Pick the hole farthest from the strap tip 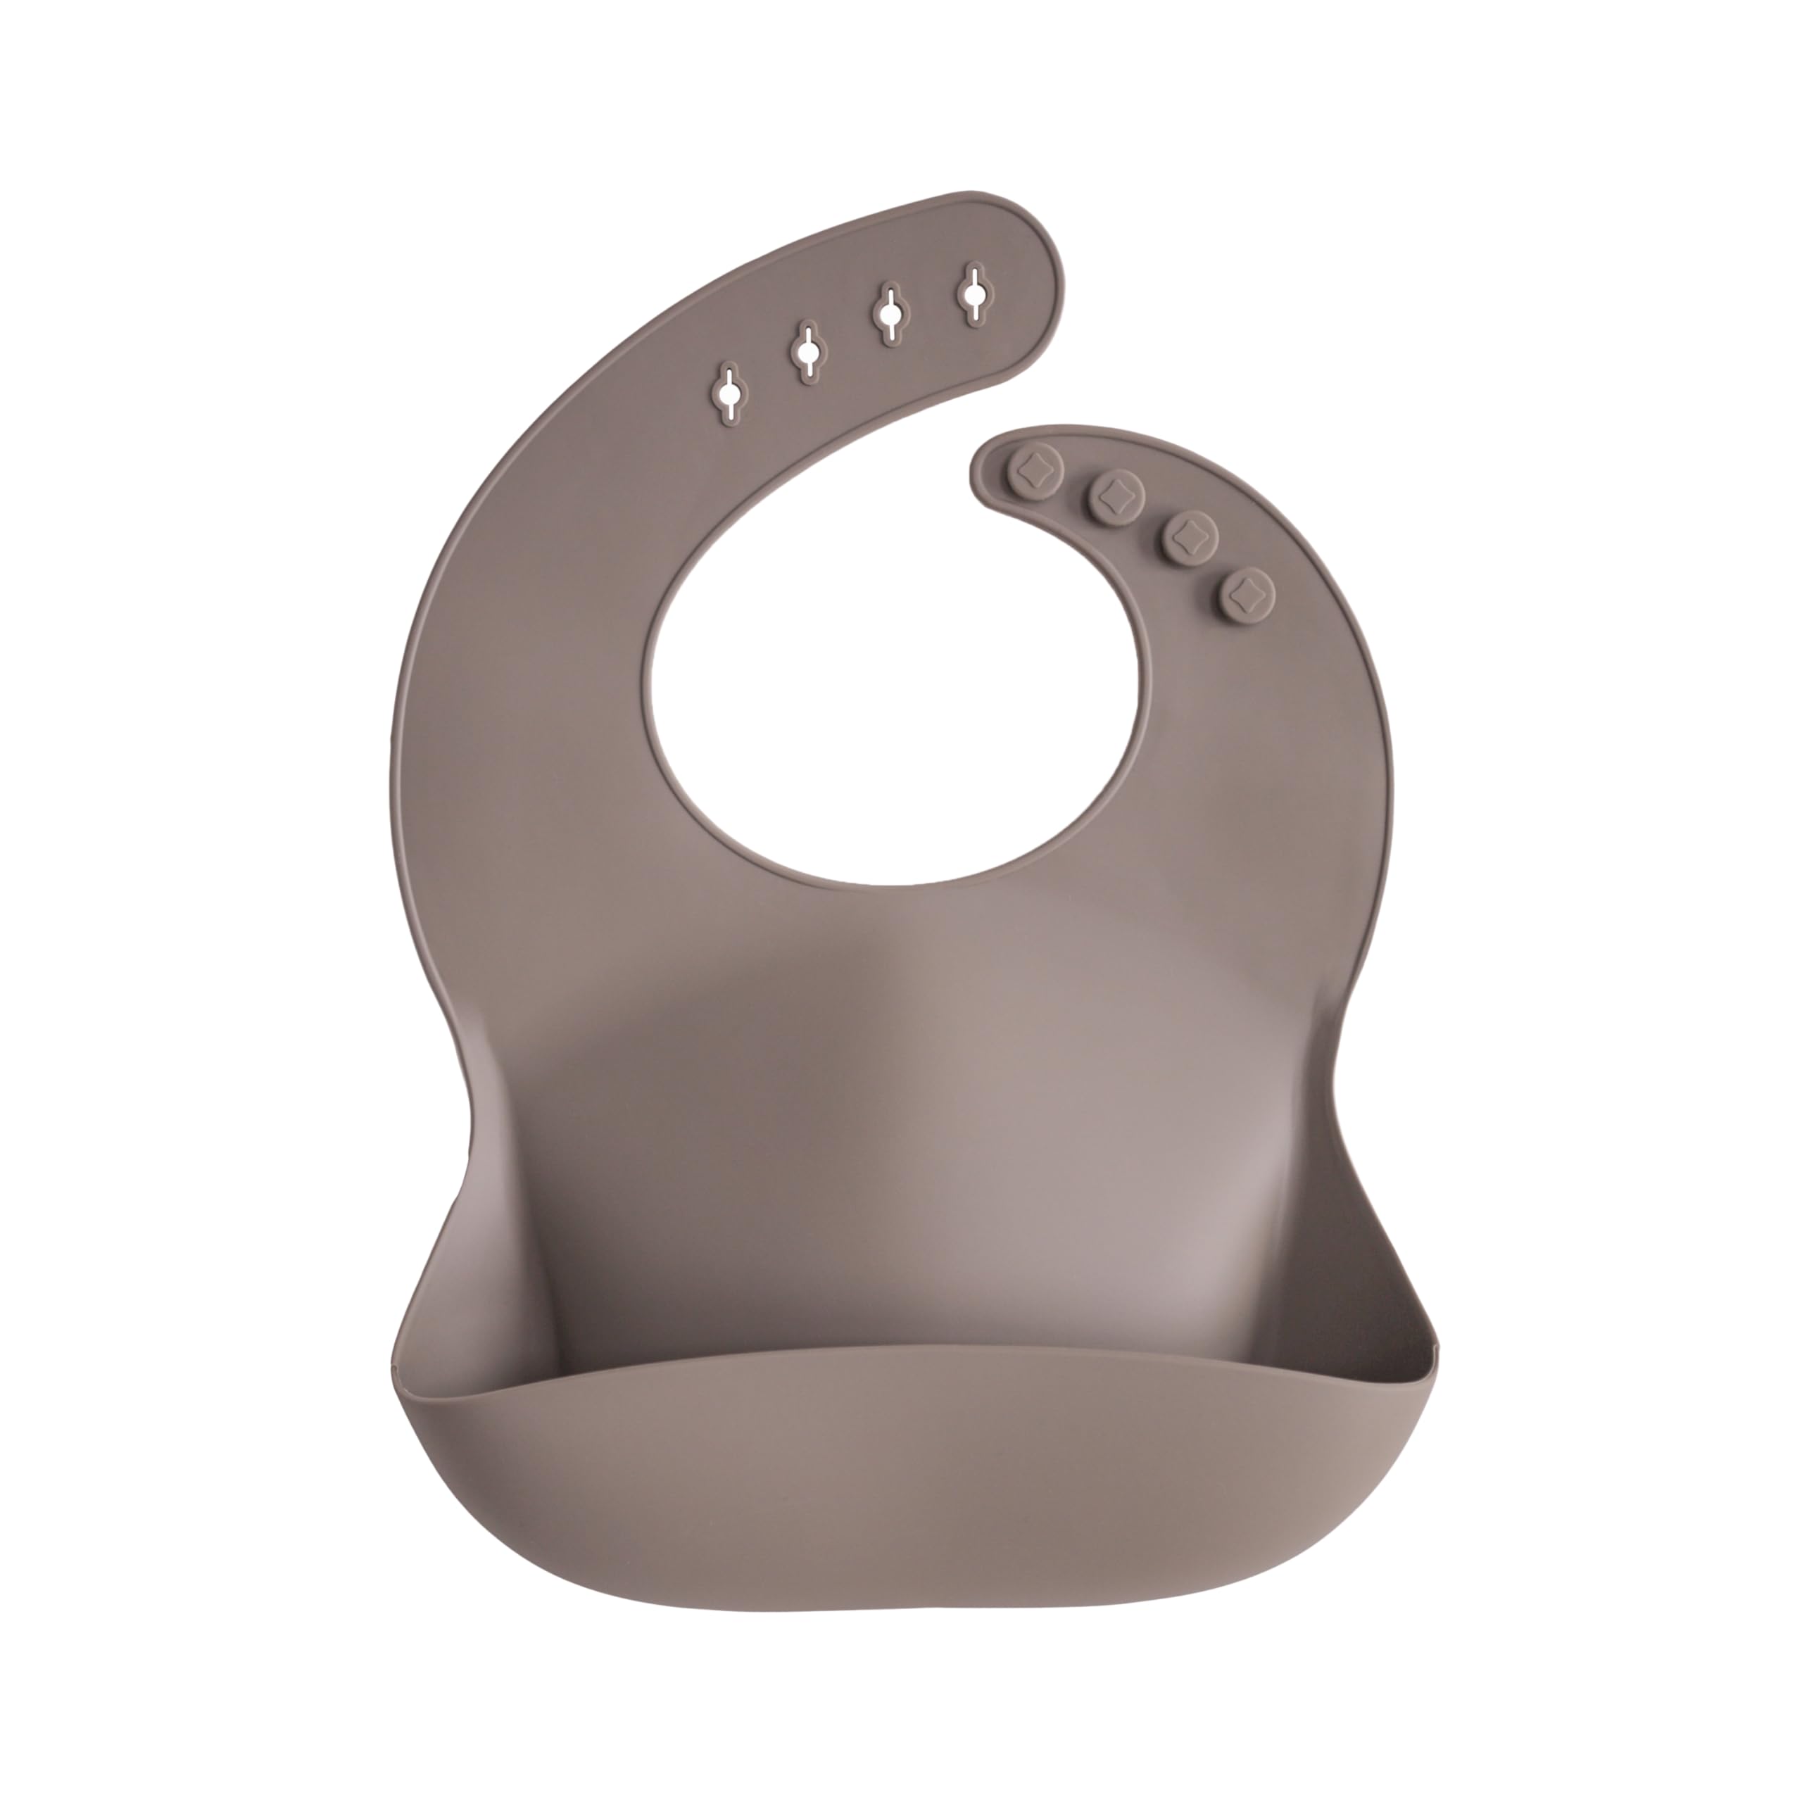pos(728,390)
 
